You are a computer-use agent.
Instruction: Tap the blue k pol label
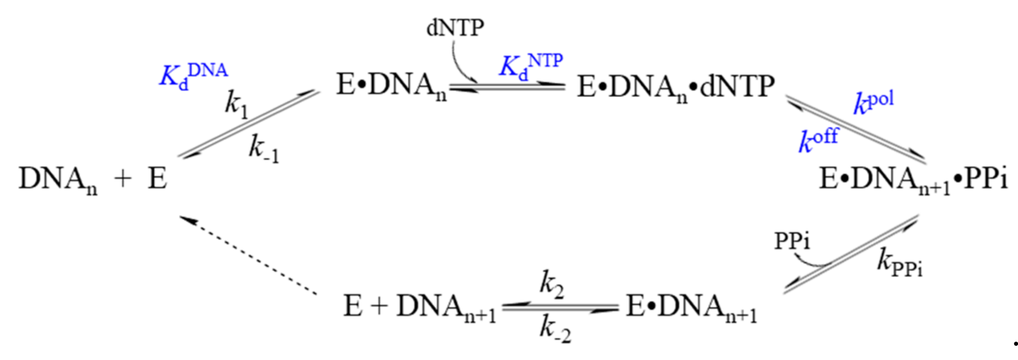pyautogui.click(x=873, y=103)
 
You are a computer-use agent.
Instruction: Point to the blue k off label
pyautogui.click(x=818, y=140)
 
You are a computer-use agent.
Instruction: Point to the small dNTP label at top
pyautogui.click(x=455, y=28)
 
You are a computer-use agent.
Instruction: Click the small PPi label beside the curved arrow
pyautogui.click(x=792, y=242)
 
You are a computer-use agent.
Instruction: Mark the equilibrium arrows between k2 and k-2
pyautogui.click(x=560, y=308)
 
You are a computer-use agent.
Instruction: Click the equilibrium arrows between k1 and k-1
pyautogui.click(x=248, y=124)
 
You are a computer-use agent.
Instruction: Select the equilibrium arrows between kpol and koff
pyautogui.click(x=856, y=130)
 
